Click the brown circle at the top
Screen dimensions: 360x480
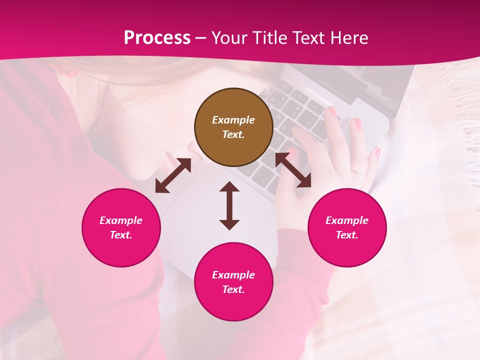[x=233, y=127]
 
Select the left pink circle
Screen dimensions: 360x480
[x=121, y=227]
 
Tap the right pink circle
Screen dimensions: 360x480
[x=347, y=227]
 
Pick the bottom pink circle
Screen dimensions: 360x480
[x=233, y=282]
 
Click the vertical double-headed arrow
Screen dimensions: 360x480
[x=229, y=205]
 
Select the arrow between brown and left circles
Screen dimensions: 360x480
[x=173, y=175]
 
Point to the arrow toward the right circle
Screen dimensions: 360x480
[x=293, y=170]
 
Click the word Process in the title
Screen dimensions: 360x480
[x=157, y=38]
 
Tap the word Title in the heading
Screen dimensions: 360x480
[x=268, y=38]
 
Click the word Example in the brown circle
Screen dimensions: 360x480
[x=233, y=120]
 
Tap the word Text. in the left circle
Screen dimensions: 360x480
[x=121, y=235]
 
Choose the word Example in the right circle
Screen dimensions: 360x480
[x=347, y=220]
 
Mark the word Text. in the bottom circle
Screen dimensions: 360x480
[x=233, y=289]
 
